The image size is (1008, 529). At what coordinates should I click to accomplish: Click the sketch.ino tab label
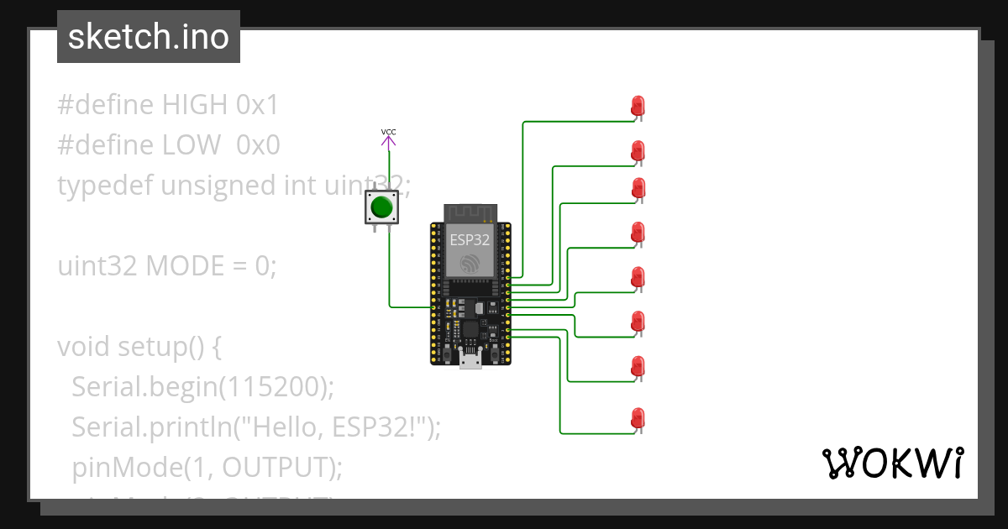coord(149,37)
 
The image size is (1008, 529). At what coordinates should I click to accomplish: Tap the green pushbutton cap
coord(383,207)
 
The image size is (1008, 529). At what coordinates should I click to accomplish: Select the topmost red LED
coord(638,107)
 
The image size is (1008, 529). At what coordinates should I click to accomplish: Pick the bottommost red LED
coord(638,417)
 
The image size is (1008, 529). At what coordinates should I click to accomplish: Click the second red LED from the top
coord(638,152)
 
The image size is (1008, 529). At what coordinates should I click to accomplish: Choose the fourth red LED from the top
coord(638,233)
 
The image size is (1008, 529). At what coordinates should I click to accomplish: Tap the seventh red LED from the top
coord(638,366)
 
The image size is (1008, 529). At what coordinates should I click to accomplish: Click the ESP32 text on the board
coord(470,238)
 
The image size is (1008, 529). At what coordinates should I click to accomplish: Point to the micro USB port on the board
coord(470,360)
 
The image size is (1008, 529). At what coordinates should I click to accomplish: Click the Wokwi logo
coord(892,463)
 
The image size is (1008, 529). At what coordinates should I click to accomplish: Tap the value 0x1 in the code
coord(257,105)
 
